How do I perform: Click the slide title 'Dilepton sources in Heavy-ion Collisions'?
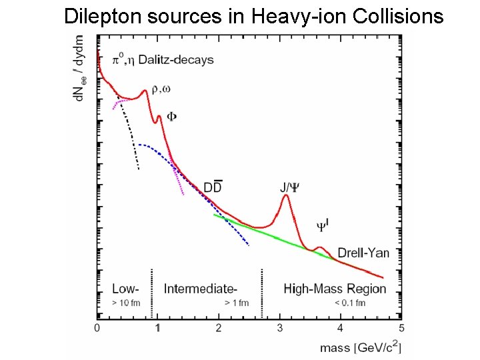coord(253,16)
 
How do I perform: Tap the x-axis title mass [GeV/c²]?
coord(360,347)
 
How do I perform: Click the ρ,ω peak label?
coord(162,89)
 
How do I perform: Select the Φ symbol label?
coord(171,116)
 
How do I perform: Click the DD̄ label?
coord(213,188)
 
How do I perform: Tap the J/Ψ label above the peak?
coord(289,187)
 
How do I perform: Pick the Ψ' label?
coord(321,227)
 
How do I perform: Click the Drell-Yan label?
coord(363,253)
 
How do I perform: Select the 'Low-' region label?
coord(125,289)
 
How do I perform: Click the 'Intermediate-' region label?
coord(200,289)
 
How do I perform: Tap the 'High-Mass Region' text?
coord(335,289)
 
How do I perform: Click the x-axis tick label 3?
coord(280,328)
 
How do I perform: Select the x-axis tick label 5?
coord(401,328)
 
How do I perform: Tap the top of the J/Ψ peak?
coord(286,195)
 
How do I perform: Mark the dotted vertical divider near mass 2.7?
coord(261,293)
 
